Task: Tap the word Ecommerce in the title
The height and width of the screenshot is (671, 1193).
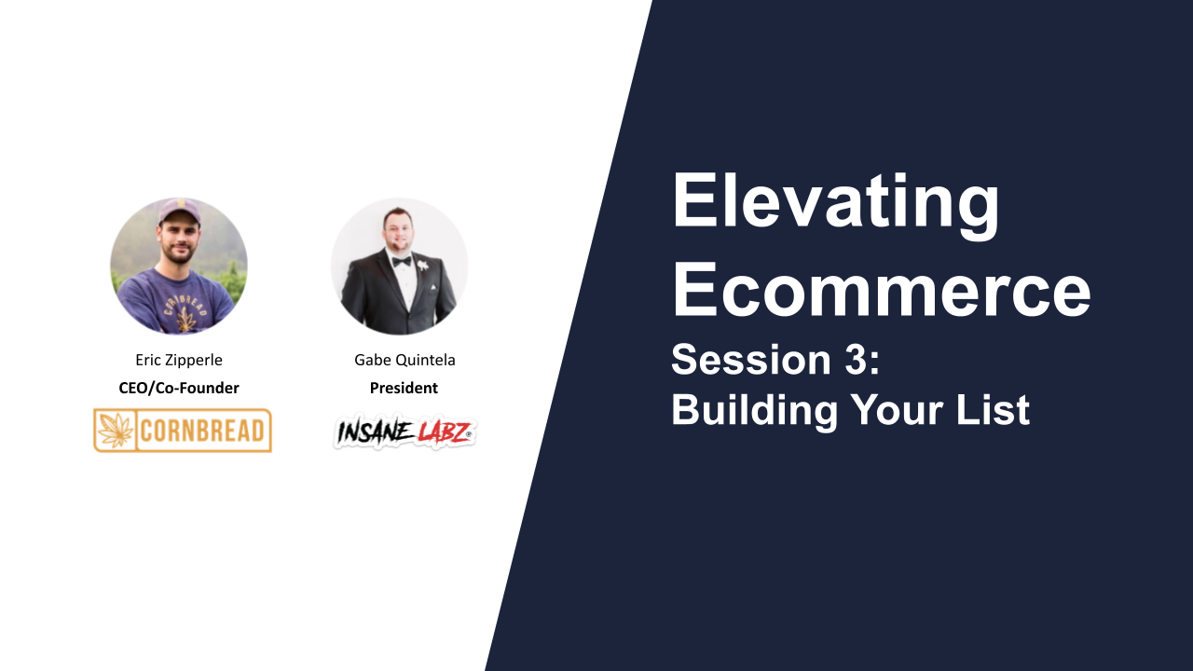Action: [x=882, y=289]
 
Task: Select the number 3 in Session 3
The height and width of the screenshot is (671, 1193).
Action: [x=855, y=360]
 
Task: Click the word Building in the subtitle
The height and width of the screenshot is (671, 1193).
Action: [x=755, y=411]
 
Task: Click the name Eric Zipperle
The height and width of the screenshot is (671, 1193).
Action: [x=179, y=361]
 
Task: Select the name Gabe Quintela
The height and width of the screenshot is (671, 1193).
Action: [x=405, y=361]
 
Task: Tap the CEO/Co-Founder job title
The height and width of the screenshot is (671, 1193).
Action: [x=179, y=389]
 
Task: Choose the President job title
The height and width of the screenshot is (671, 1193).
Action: [x=404, y=389]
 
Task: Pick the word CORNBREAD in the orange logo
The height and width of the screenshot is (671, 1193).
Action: [x=202, y=431]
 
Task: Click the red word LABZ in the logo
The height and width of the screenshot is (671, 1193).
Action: [x=444, y=432]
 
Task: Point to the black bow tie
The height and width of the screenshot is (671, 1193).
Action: [x=401, y=262]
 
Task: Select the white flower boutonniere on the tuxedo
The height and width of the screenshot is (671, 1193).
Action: [x=423, y=265]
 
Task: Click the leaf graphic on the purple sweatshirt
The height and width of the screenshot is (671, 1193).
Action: [x=185, y=319]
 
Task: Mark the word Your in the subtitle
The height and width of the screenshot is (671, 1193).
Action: [x=897, y=409]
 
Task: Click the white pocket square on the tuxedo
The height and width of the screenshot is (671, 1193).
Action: [x=433, y=288]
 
